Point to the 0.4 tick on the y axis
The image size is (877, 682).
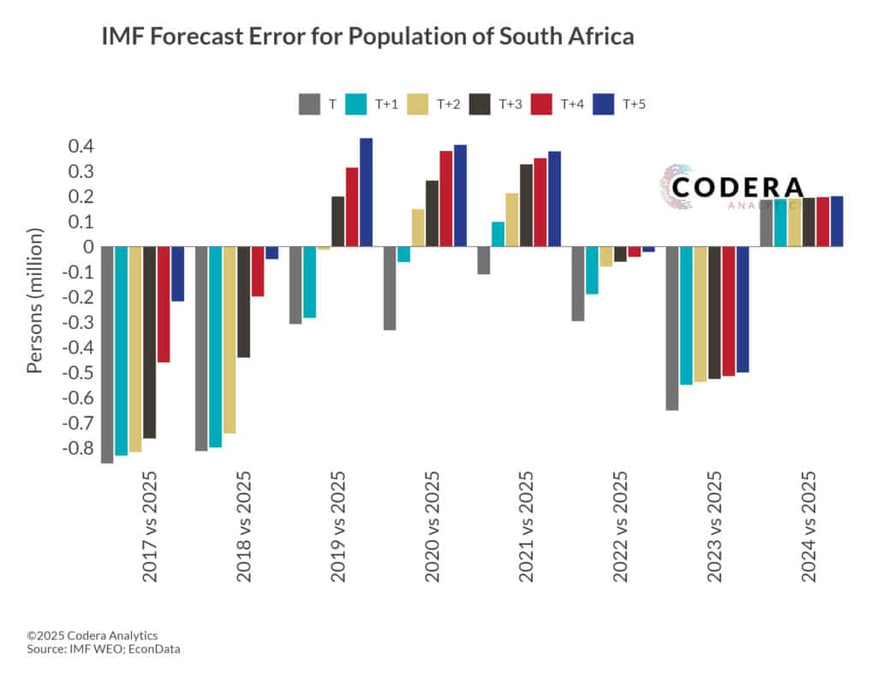click(x=81, y=147)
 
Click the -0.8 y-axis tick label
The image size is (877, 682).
click(x=77, y=448)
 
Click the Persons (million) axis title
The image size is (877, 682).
click(x=34, y=299)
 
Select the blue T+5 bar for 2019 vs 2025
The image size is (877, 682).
click(x=366, y=193)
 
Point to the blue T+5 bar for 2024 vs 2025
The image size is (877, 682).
click(x=837, y=222)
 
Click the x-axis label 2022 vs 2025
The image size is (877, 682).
click(x=621, y=526)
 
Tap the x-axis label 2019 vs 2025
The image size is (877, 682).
click(x=338, y=526)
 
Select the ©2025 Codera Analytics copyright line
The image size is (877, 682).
click(x=92, y=635)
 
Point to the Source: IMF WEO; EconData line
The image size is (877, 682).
click(x=104, y=649)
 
